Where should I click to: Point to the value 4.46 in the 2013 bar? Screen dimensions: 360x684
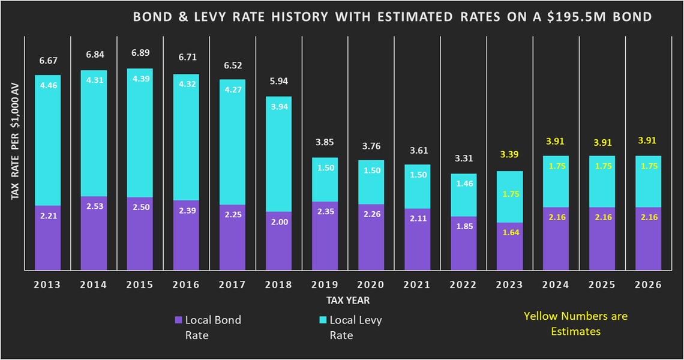(x=47, y=85)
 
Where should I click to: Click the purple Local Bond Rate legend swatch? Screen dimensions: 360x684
(x=178, y=320)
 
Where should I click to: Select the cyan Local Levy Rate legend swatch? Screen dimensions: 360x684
(x=323, y=320)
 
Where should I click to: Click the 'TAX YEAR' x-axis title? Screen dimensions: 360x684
(x=348, y=299)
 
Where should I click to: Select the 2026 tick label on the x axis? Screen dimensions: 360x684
(x=647, y=284)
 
